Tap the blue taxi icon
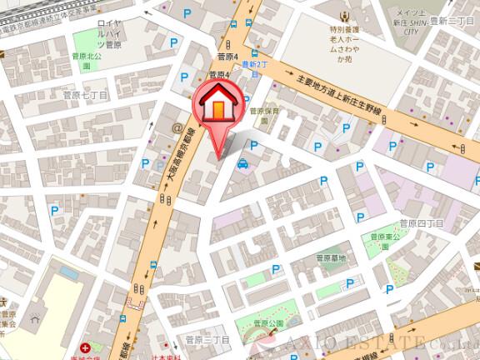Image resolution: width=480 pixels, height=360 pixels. click(x=242, y=164)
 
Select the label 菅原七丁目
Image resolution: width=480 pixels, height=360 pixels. click(x=86, y=96)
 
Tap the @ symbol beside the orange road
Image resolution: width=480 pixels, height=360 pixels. click(x=177, y=127)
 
